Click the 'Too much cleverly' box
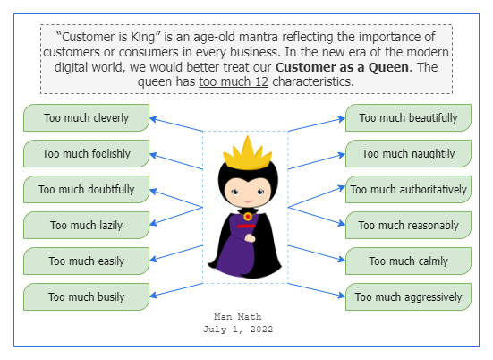click(86, 118)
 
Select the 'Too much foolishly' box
click(86, 154)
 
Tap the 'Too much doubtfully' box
click(86, 190)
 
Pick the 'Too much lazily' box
click(86, 226)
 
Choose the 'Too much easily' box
click(86, 261)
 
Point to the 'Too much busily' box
click(86, 296)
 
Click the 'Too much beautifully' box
click(408, 118)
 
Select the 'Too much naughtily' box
click(408, 154)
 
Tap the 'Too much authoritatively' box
click(408, 190)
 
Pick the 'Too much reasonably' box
click(408, 226)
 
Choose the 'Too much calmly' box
click(408, 261)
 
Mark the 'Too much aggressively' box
click(408, 296)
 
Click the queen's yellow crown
click(246, 157)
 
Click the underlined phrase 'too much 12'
click(234, 82)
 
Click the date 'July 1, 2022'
click(238, 330)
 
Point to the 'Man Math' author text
click(238, 317)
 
